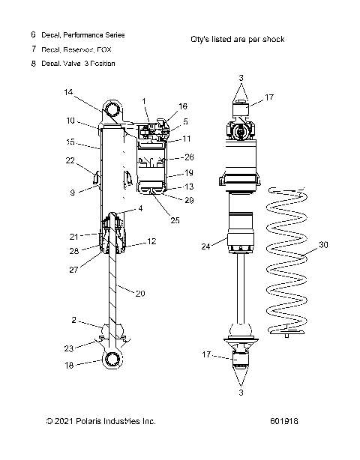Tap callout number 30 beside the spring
coord(323,243)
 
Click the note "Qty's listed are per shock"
coord(238,39)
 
